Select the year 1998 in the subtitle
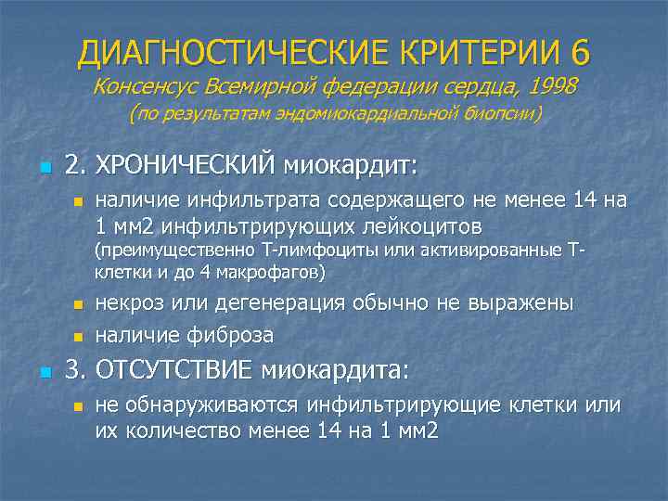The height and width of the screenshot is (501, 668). pos(553,86)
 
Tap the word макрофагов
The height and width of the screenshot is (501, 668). pos(275,273)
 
